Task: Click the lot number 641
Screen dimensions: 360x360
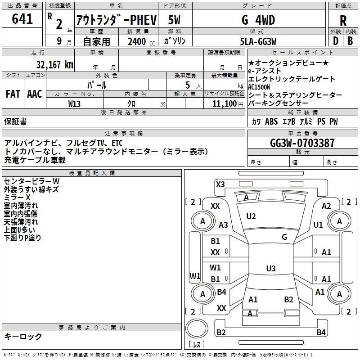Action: (x=22, y=18)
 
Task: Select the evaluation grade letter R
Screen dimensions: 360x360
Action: (x=343, y=21)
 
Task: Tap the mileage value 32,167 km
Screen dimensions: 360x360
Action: (x=54, y=65)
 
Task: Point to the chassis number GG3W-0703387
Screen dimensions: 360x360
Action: (x=302, y=143)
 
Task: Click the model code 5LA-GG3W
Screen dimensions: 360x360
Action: (x=258, y=41)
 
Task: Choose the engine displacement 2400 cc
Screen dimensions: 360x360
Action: (x=141, y=41)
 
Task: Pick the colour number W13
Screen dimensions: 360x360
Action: (x=74, y=104)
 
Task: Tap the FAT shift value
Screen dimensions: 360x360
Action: (x=13, y=94)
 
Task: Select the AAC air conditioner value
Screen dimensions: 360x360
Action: (x=35, y=94)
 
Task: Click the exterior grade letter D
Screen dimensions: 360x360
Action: (x=335, y=41)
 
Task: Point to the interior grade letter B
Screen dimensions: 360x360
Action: (x=350, y=41)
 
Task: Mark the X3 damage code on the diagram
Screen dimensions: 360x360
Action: (x=220, y=184)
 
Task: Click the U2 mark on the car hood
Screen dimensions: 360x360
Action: (x=251, y=216)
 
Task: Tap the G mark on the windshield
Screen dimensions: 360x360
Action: (x=284, y=237)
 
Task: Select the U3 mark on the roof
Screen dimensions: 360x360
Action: (x=271, y=268)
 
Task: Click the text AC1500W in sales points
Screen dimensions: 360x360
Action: (x=259, y=87)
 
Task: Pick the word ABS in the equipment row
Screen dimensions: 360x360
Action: (x=271, y=121)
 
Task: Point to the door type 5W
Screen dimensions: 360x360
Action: (x=174, y=20)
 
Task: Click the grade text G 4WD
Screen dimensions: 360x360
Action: (x=258, y=20)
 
